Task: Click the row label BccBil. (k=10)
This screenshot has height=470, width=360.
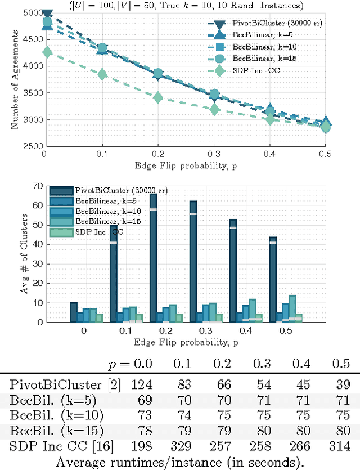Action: (56, 416)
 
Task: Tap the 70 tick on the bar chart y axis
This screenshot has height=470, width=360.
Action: (37, 186)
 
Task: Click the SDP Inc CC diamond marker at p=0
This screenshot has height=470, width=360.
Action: (47, 52)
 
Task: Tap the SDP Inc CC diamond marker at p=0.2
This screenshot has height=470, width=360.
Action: (158, 97)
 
